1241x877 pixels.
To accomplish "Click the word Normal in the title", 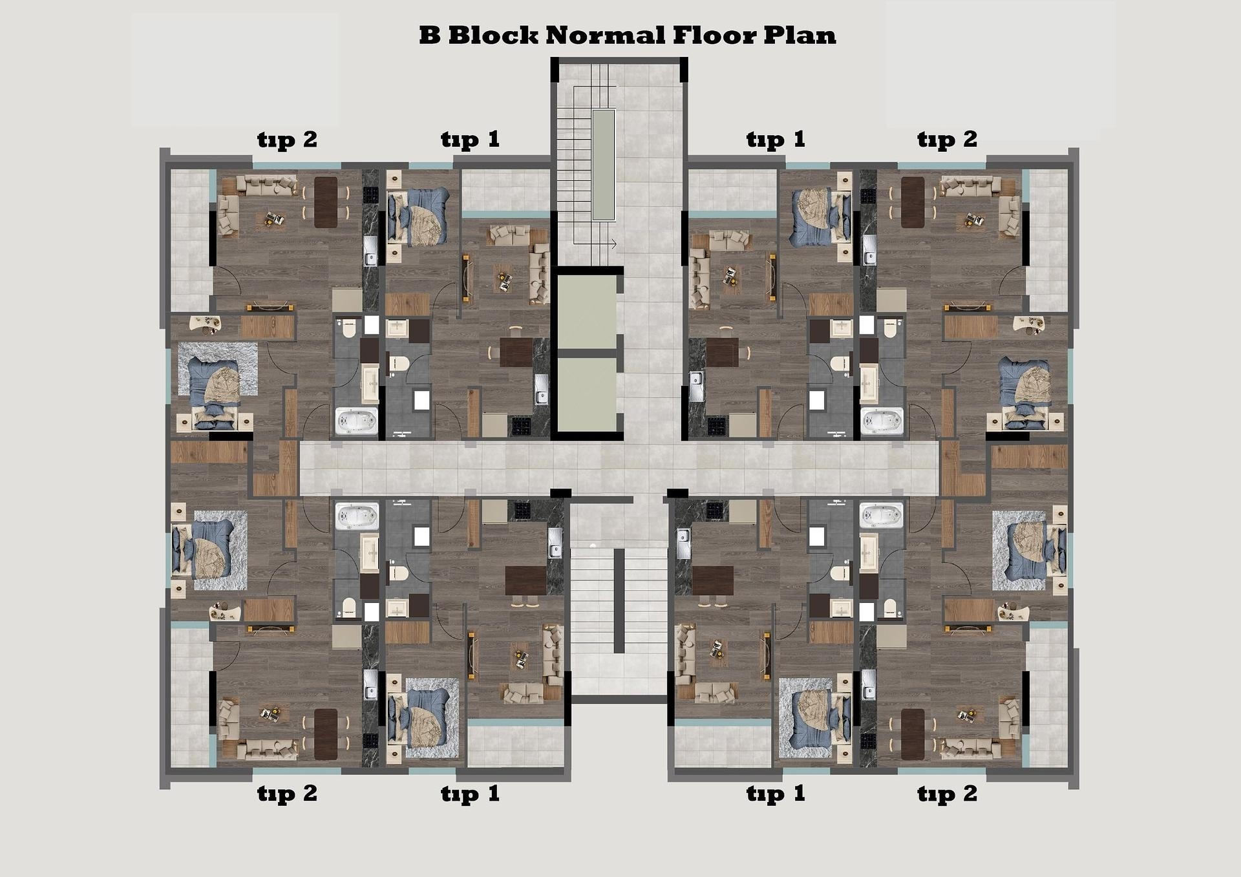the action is point(604,35).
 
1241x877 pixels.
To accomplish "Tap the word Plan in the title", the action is point(800,35).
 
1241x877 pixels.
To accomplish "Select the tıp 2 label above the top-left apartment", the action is point(287,140).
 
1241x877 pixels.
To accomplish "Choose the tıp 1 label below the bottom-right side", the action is point(776,794).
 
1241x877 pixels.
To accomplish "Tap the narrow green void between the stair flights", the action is point(604,165).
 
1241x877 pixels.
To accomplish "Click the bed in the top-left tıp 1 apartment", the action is point(418,217).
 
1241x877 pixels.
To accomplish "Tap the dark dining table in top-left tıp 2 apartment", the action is point(326,202).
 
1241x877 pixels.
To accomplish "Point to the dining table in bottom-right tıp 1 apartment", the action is point(712,580).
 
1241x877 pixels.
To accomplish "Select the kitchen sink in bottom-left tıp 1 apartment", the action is point(555,542).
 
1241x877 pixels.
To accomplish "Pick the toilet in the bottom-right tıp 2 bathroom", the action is point(891,607).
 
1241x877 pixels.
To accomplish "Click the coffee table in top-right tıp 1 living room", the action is point(730,276).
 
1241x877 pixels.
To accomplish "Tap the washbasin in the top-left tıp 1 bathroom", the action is point(396,328).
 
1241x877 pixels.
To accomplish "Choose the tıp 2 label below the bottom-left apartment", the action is point(287,794).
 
